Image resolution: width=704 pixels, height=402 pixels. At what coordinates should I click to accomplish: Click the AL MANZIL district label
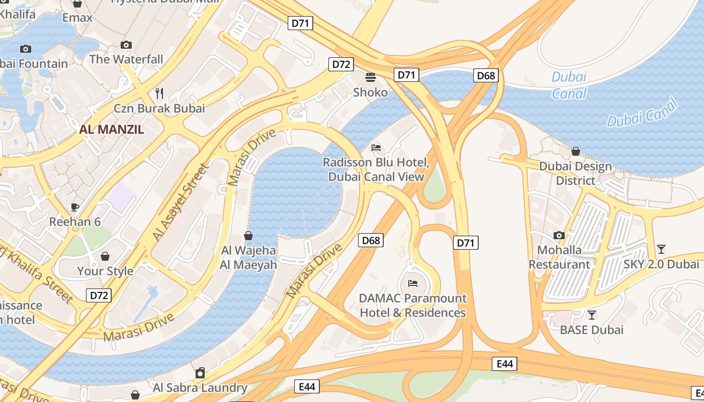click(112, 129)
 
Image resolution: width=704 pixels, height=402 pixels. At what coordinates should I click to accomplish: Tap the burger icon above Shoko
click(371, 77)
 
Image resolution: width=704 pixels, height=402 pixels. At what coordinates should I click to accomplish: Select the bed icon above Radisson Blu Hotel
click(376, 148)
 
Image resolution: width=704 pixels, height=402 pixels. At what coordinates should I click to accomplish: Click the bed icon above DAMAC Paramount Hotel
click(413, 283)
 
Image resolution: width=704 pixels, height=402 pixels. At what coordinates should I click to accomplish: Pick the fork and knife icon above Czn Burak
click(159, 93)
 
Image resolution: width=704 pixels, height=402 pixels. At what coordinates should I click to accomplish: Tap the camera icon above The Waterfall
click(126, 45)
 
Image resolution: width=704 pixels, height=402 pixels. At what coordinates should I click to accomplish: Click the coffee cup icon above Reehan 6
click(75, 207)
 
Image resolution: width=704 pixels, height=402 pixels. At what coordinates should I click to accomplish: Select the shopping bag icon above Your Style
click(105, 256)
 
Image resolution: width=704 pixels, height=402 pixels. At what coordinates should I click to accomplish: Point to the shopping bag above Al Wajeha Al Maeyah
click(248, 235)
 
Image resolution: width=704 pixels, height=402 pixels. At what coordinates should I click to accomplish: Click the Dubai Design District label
click(575, 173)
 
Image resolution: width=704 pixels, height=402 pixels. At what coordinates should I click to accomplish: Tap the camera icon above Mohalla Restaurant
click(559, 235)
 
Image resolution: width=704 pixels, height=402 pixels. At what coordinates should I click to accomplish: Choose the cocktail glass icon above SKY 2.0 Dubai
click(661, 249)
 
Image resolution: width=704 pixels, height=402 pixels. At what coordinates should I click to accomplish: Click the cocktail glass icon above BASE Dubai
click(592, 315)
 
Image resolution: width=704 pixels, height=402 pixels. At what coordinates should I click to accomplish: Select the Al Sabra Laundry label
click(200, 387)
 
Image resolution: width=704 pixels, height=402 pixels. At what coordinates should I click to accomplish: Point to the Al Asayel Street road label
click(180, 202)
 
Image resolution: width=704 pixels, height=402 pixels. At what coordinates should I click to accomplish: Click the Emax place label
click(77, 18)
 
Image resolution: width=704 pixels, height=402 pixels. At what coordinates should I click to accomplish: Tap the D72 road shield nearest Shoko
click(341, 64)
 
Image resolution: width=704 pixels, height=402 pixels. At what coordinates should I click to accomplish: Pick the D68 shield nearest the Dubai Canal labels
click(486, 75)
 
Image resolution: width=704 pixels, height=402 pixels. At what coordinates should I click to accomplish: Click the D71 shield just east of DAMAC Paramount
click(465, 243)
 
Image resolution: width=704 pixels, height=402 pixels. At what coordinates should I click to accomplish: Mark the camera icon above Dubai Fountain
click(25, 49)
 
